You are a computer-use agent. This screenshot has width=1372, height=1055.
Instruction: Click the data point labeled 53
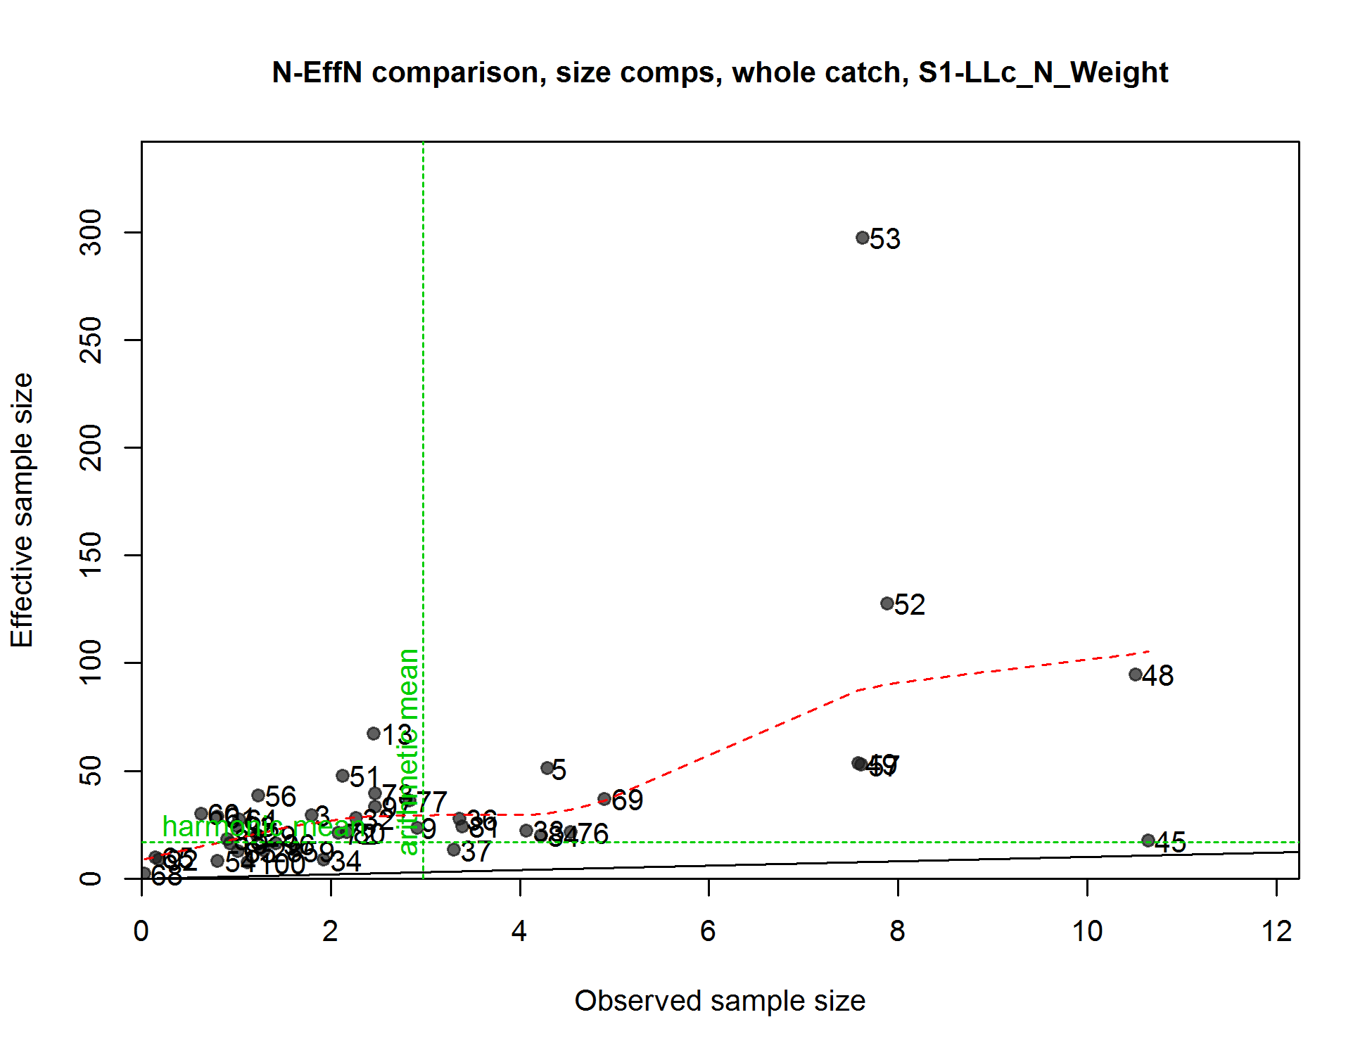pyautogui.click(x=863, y=238)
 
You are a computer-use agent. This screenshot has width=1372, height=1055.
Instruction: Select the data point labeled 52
pyautogui.click(x=887, y=603)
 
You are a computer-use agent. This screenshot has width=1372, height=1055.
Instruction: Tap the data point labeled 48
pyautogui.click(x=1135, y=674)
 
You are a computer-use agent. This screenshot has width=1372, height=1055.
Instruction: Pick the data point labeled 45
pyautogui.click(x=1148, y=840)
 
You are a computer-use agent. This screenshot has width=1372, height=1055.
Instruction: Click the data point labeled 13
pyautogui.click(x=374, y=734)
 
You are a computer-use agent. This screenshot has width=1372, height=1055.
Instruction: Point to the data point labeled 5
pyautogui.click(x=547, y=768)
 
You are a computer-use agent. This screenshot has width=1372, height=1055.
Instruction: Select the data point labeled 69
pyautogui.click(x=604, y=799)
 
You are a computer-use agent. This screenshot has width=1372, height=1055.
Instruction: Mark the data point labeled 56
pyautogui.click(x=258, y=795)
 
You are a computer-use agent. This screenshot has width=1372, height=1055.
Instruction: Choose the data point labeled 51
pyautogui.click(x=343, y=776)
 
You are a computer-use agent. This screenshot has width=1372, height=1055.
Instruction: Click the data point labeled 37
pyautogui.click(x=454, y=850)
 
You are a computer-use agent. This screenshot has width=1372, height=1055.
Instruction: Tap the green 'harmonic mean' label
pyautogui.click(x=260, y=827)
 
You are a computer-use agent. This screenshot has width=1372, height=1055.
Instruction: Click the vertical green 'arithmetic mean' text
pyautogui.click(x=409, y=751)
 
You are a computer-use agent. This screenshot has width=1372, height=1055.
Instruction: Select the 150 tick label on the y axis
pyautogui.click(x=91, y=555)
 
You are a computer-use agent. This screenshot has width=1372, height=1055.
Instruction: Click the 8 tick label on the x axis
pyautogui.click(x=897, y=931)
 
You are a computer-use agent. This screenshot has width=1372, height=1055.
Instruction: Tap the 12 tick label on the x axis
pyautogui.click(x=1276, y=931)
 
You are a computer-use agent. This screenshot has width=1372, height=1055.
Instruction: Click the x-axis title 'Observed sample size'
pyautogui.click(x=720, y=1001)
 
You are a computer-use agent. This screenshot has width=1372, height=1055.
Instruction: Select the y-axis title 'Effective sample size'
pyautogui.click(x=23, y=510)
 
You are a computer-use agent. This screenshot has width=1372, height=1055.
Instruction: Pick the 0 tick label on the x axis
pyautogui.click(x=141, y=931)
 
